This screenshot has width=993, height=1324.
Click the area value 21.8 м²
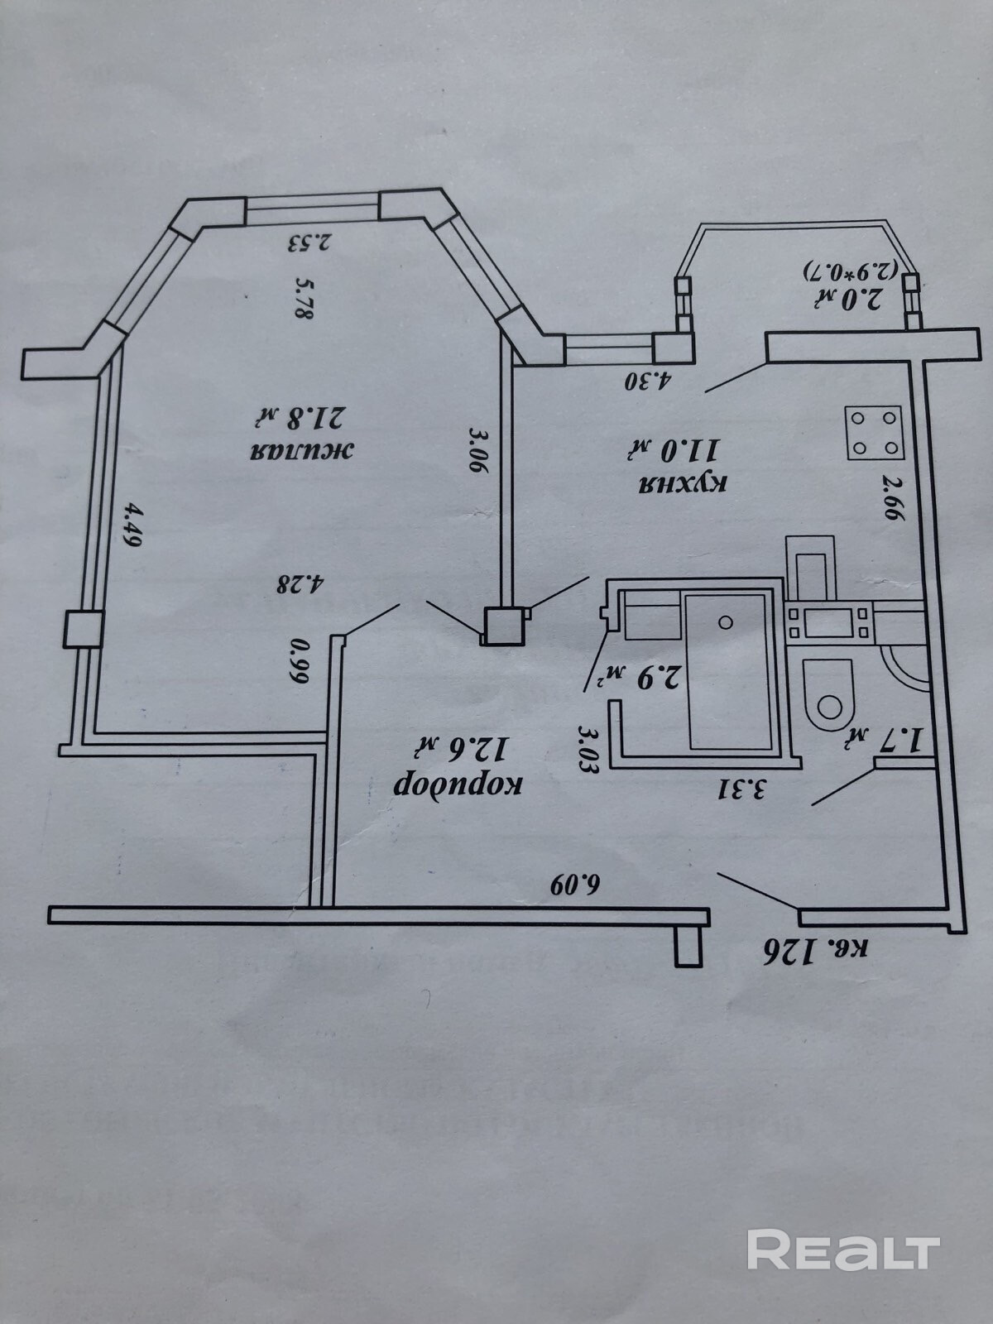click(x=304, y=421)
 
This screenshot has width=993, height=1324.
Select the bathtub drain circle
click(x=727, y=622)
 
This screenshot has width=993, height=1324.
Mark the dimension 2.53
click(x=309, y=243)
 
